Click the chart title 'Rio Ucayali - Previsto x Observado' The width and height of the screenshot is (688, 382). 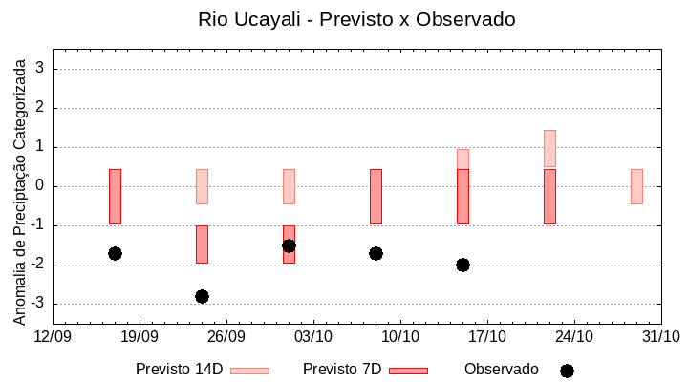pos(343,19)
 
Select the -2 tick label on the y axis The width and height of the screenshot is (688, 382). pos(39,265)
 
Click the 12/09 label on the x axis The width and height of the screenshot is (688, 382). pos(53,336)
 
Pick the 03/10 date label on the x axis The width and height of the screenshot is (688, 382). pos(313,336)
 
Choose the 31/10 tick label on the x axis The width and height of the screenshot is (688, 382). pos(660,336)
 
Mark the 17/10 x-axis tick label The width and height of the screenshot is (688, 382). pos(487,336)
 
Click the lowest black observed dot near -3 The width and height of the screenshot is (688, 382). pos(202,296)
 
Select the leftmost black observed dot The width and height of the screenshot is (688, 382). pos(115,253)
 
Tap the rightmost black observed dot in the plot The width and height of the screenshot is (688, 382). pos(462,265)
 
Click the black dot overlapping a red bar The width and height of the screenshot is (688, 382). pos(289,245)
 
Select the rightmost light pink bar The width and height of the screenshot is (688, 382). pos(636,186)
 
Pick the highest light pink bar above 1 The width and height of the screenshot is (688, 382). pos(549,148)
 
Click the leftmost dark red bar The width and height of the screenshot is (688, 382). pos(115,196)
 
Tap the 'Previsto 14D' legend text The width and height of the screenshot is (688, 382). pos(179,369)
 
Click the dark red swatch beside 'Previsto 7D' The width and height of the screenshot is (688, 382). pos(408,370)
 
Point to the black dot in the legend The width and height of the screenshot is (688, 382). pos(567,371)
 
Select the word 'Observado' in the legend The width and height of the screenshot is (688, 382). pos(501,369)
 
